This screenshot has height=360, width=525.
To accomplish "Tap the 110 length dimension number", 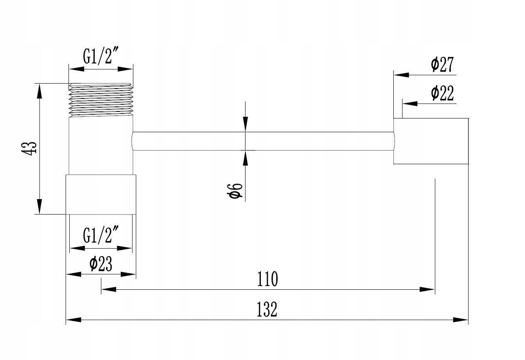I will (x=267, y=279).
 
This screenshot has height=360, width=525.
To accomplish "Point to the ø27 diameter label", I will (x=442, y=65).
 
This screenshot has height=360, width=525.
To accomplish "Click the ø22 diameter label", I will (x=442, y=94).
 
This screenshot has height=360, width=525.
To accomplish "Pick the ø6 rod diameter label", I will (x=235, y=190).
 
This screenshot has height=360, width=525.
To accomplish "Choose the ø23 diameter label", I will (x=101, y=264).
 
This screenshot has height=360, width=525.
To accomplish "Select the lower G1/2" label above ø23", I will (x=101, y=235).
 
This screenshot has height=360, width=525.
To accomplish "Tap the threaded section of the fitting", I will (x=101, y=100).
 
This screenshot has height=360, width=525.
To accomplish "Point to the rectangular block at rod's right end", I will (x=431, y=141).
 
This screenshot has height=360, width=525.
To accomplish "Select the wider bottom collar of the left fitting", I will (x=101, y=194).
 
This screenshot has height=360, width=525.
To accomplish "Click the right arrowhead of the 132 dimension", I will (x=461, y=320).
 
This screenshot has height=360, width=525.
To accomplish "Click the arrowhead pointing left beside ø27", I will (x=401, y=75).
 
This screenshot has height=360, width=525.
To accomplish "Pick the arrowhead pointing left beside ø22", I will (x=410, y=103).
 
